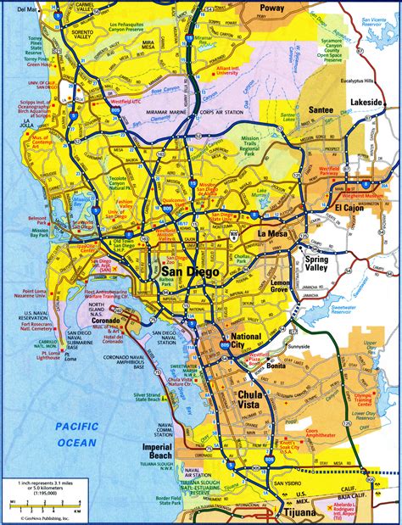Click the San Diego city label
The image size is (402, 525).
click(x=189, y=271)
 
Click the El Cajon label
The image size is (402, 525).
click(x=348, y=209)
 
